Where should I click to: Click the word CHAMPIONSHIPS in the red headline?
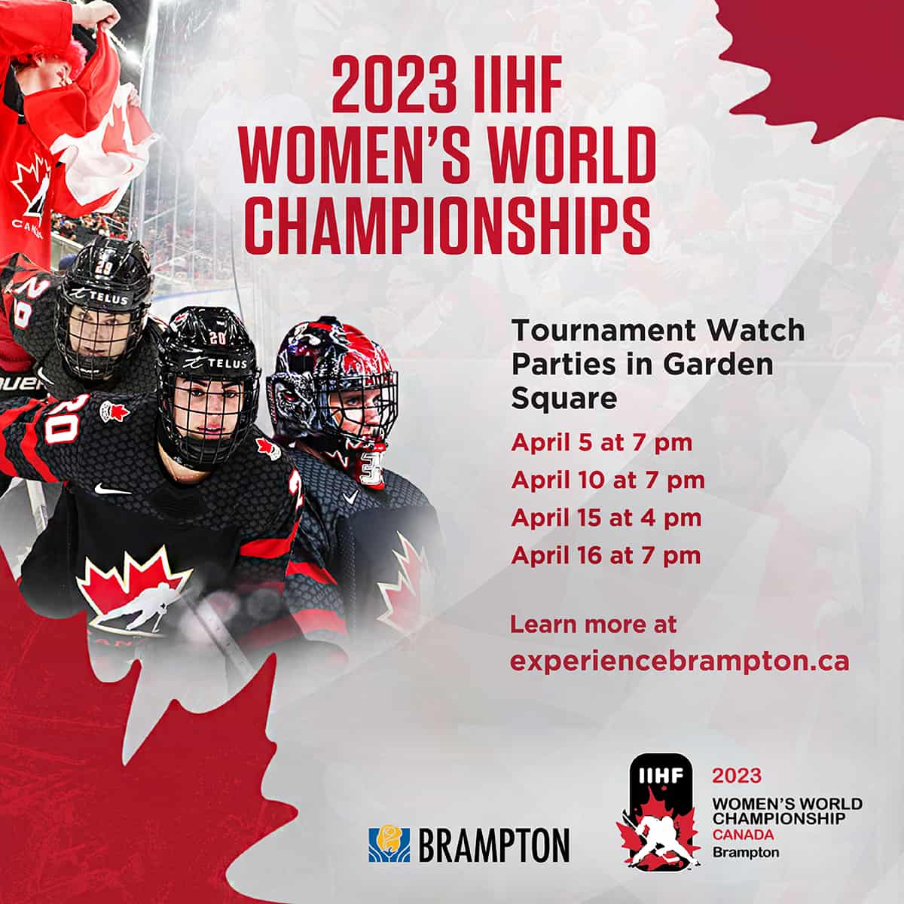tap(447, 226)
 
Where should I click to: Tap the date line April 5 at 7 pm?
tap(602, 443)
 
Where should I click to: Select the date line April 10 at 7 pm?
tap(608, 481)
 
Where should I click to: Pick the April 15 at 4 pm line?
tap(606, 518)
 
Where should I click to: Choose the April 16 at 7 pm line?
tap(606, 556)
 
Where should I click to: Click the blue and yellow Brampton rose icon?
tap(389, 844)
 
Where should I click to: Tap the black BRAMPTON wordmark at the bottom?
tap(494, 845)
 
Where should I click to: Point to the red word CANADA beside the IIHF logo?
tap(743, 835)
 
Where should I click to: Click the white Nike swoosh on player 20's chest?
tap(112, 489)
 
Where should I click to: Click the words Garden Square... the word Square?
tap(564, 399)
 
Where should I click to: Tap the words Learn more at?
tap(594, 625)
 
